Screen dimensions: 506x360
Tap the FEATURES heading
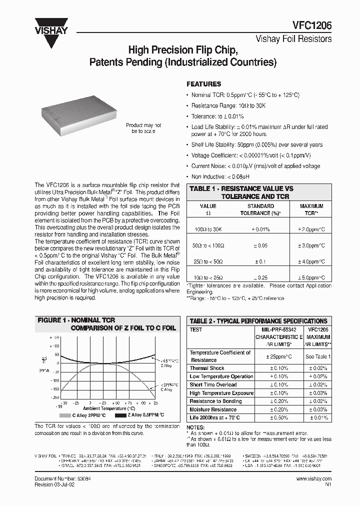[x=203, y=84]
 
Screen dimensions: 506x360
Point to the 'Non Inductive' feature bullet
[x=220, y=176]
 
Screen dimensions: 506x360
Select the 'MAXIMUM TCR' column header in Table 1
[x=311, y=209]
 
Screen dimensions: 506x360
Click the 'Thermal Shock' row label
[x=207, y=368]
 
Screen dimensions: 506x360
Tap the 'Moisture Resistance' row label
[x=213, y=409]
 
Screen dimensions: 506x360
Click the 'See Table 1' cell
[x=318, y=356]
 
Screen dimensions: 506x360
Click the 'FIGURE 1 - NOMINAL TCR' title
[x=76, y=320]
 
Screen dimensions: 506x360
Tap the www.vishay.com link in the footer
[x=313, y=478]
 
